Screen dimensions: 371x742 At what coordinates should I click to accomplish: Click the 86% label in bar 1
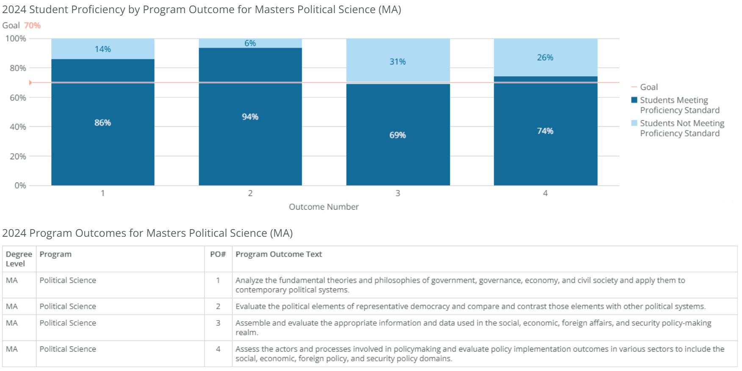[102, 123]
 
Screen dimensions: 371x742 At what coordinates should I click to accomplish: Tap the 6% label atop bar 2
[250, 43]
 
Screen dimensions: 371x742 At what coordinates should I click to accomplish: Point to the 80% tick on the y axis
[18, 68]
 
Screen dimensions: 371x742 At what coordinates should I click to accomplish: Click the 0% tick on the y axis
[20, 185]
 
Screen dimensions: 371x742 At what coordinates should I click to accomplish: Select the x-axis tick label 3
[398, 193]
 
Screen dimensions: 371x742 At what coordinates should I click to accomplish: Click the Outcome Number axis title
[324, 207]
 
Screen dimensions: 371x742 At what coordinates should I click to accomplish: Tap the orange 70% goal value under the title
[32, 25]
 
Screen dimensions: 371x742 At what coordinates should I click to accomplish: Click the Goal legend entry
[648, 87]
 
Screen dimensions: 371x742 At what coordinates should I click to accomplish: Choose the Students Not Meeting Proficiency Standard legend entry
[681, 128]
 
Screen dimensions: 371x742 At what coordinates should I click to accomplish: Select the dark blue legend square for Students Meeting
[634, 100]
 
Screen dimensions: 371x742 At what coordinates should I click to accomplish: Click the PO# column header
[218, 254]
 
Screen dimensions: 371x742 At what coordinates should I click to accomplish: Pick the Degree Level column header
[19, 259]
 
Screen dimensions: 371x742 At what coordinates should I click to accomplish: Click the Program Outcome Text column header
[279, 254]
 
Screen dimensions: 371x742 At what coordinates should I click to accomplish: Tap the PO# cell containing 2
[218, 306]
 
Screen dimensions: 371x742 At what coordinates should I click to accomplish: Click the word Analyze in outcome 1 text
[249, 280]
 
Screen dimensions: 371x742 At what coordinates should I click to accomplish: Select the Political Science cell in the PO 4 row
[68, 349]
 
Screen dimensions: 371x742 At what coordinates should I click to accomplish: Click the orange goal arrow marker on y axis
[30, 83]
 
